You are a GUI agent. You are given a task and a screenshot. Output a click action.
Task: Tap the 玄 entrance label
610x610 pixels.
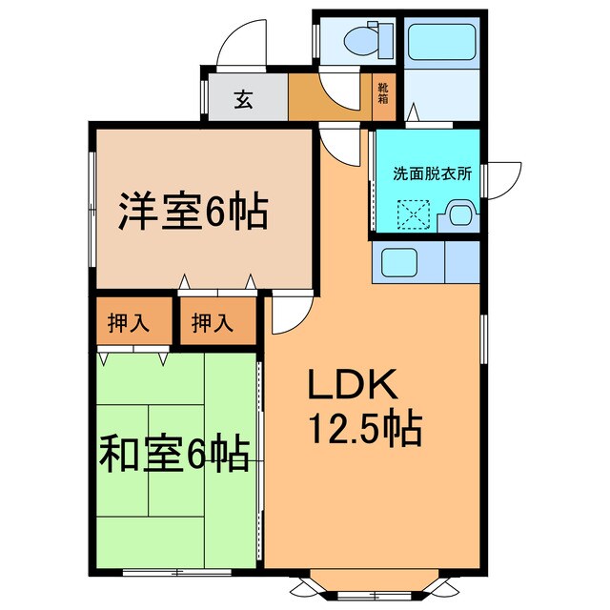coord(245,98)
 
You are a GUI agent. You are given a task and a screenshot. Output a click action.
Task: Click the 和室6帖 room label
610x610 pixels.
coord(174,452)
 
